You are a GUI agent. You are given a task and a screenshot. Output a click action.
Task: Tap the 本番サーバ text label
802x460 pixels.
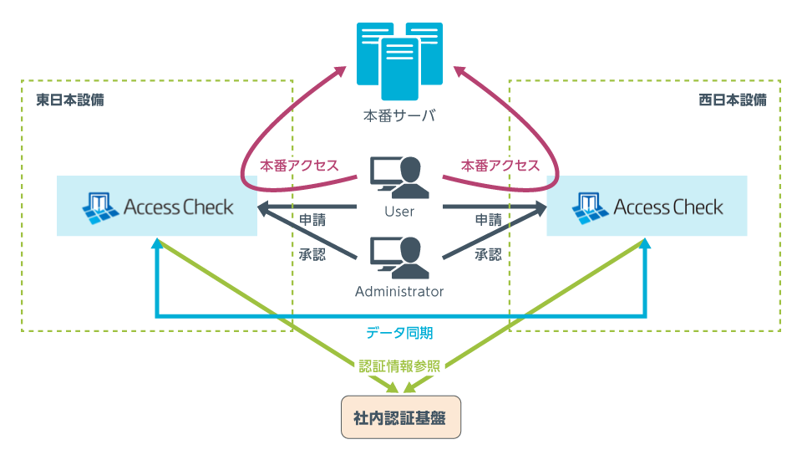(x=399, y=115)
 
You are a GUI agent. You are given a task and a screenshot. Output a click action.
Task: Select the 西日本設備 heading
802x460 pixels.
(x=732, y=100)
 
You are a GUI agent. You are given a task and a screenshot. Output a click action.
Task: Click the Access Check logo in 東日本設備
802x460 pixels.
(x=158, y=206)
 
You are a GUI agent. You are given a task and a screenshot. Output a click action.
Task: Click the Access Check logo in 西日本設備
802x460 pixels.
(x=647, y=206)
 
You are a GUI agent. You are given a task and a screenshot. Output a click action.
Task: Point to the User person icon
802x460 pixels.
(x=399, y=177)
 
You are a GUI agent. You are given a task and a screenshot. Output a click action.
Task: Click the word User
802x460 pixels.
(x=399, y=212)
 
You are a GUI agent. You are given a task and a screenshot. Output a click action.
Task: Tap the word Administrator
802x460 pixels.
(x=399, y=292)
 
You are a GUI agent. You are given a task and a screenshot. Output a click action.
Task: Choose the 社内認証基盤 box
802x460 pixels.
(x=400, y=417)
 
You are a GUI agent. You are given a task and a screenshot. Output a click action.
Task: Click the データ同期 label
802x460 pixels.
(x=399, y=333)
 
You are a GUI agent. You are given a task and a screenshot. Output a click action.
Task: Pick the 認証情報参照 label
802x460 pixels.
(x=399, y=365)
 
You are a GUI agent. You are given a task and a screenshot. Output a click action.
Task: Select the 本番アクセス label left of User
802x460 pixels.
(x=299, y=165)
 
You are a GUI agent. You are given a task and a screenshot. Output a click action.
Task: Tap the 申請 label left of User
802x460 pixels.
(x=312, y=220)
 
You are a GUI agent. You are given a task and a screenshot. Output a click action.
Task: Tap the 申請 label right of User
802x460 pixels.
(x=488, y=220)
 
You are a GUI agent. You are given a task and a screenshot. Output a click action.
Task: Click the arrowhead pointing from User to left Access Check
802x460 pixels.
(x=263, y=207)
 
